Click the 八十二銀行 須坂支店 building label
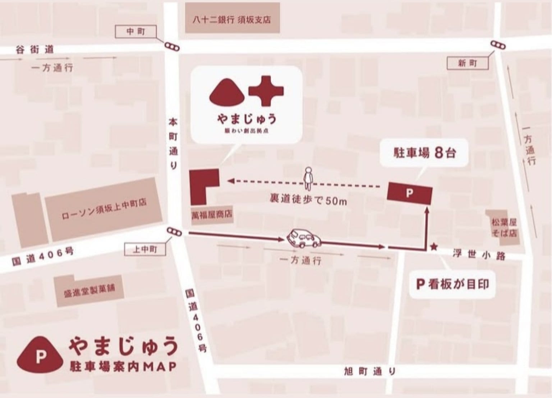click(231, 19)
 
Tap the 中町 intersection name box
click(135, 32)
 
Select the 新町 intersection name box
click(467, 64)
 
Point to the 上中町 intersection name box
click(145, 249)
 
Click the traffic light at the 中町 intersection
click(172, 47)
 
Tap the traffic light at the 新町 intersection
click(498, 45)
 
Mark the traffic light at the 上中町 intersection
click(174, 233)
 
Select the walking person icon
click(308, 178)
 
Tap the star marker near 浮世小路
click(434, 247)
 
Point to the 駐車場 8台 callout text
click(424, 154)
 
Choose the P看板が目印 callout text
click(452, 284)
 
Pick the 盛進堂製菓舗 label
click(89, 289)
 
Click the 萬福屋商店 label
click(212, 215)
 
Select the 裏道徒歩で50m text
click(308, 200)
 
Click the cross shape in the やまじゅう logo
click(266, 91)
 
